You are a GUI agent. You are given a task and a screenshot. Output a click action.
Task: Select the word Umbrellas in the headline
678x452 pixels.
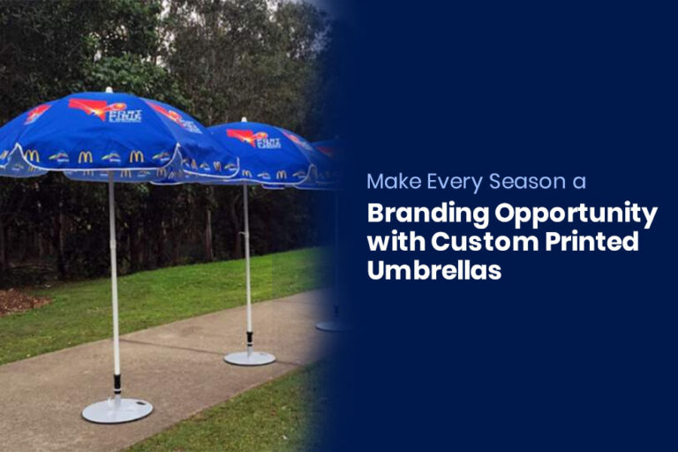434,271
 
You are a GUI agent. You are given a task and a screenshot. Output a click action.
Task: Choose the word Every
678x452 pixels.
447,183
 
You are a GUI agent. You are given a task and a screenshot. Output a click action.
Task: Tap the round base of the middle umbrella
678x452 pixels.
249,358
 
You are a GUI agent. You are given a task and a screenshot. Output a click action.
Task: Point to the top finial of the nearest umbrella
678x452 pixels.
109,89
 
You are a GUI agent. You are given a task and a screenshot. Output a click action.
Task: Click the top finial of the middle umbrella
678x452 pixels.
243,119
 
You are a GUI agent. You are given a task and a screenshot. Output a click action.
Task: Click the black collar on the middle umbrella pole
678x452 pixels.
249,340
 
